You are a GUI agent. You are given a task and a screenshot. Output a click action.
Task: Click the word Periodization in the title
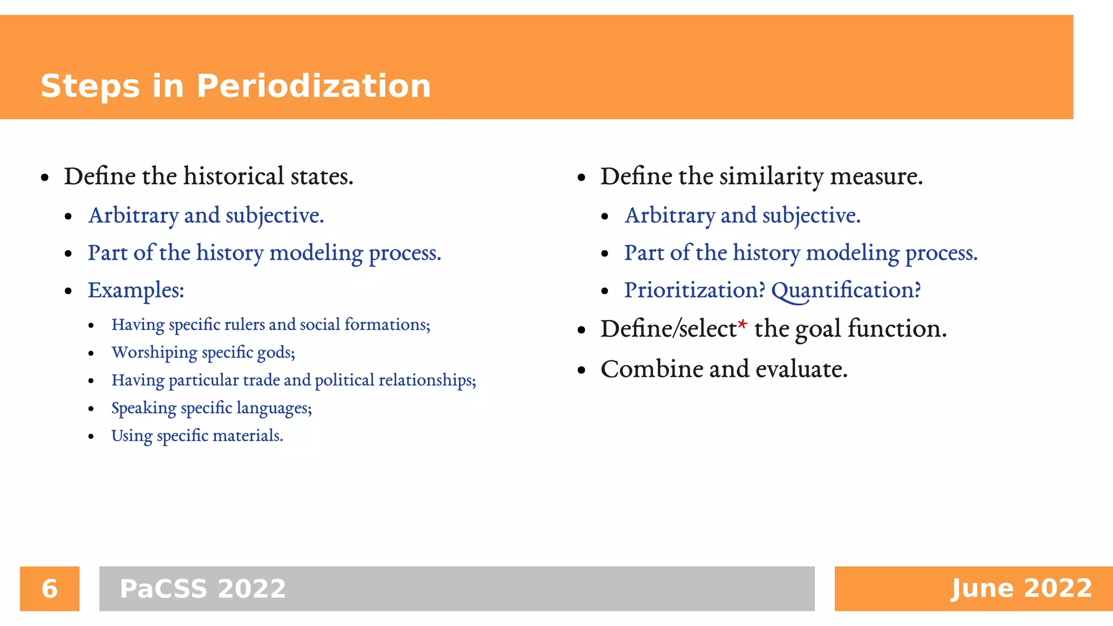314,86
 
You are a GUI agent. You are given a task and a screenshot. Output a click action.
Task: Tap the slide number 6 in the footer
49,589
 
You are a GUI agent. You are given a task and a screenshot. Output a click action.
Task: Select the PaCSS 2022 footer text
202,589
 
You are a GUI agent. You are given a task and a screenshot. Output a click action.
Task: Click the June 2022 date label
1021,589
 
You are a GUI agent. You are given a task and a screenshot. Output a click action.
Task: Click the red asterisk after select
743,325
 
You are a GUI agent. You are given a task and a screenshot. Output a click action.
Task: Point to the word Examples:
136,290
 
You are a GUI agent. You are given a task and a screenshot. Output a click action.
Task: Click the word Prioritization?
694,290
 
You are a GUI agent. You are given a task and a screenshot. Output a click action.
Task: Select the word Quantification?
846,290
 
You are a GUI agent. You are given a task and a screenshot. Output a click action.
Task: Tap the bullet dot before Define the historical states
45,178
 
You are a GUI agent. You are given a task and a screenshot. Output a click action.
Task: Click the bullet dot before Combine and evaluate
581,371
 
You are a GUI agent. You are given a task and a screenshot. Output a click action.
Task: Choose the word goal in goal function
818,329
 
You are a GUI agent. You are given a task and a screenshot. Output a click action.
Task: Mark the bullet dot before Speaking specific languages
91,409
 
